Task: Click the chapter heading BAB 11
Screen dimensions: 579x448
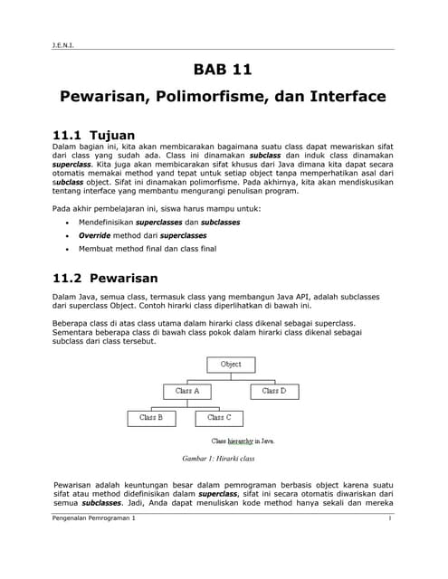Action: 223,70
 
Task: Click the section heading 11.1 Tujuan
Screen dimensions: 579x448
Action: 95,135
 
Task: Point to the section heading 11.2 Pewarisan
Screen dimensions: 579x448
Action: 106,278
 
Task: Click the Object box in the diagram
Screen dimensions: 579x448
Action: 232,365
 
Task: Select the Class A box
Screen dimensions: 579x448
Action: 187,391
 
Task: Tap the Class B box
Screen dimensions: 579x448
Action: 151,418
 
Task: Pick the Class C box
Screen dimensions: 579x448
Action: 219,418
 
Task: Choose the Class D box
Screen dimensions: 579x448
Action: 273,391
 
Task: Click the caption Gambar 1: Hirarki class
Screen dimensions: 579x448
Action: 218,459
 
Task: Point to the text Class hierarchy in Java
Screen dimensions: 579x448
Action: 243,441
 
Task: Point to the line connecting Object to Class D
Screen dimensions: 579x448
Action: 273,378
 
